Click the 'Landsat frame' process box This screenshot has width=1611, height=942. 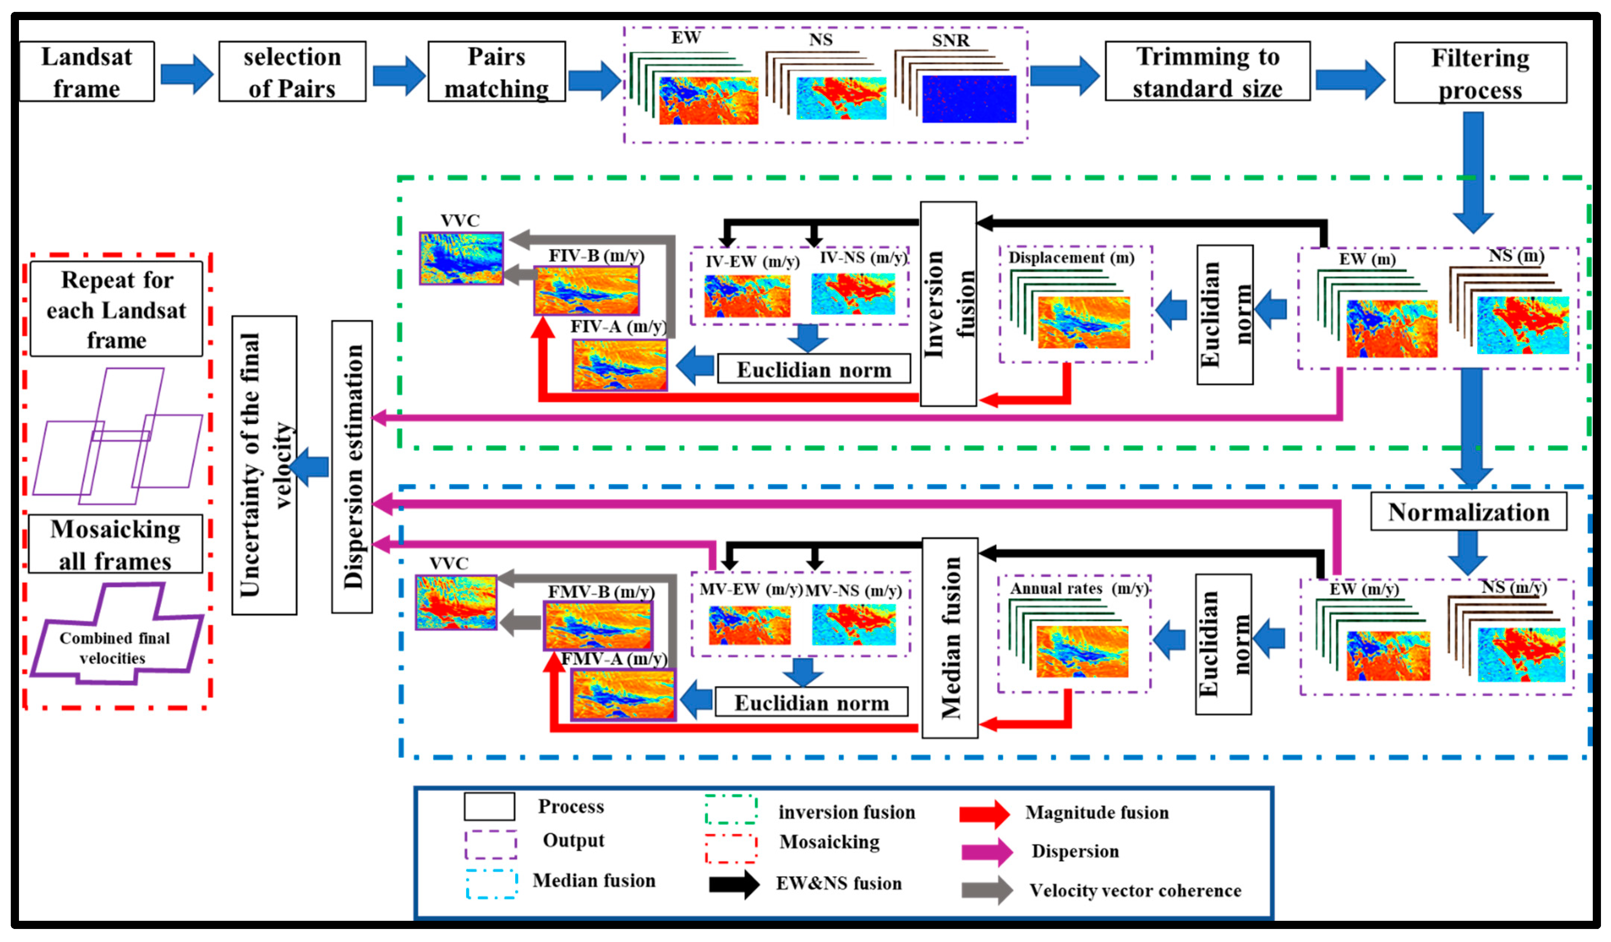(87, 71)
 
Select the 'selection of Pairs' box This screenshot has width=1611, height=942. (292, 71)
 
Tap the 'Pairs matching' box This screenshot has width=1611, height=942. (496, 71)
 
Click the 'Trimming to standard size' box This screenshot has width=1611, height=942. (1207, 71)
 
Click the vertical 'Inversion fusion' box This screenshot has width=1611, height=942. (948, 304)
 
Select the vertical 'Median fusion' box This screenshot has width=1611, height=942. (949, 638)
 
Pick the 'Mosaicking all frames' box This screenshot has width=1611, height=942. (116, 544)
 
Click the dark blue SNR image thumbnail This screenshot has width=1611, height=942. (969, 99)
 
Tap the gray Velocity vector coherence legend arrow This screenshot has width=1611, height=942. (986, 890)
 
